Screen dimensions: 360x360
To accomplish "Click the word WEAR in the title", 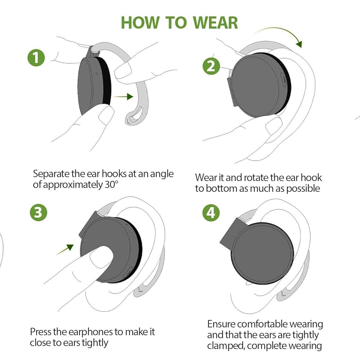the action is [215, 23].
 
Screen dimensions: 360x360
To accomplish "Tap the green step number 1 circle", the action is [36, 58].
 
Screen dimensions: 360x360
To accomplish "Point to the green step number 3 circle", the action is [38, 212].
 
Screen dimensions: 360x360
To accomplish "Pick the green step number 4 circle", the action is [211, 212].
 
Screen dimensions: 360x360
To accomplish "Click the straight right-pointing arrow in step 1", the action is [123, 97].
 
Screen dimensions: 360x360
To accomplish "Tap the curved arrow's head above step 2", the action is [299, 43].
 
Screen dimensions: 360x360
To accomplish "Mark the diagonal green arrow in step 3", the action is [65, 250].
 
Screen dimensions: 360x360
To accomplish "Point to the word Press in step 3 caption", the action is [40, 332].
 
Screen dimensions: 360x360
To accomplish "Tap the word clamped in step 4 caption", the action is [225, 346].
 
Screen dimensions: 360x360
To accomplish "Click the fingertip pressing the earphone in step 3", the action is [101, 256].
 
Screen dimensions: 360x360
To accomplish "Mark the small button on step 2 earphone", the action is [284, 80].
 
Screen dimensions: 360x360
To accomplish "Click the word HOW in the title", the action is [140, 23].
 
